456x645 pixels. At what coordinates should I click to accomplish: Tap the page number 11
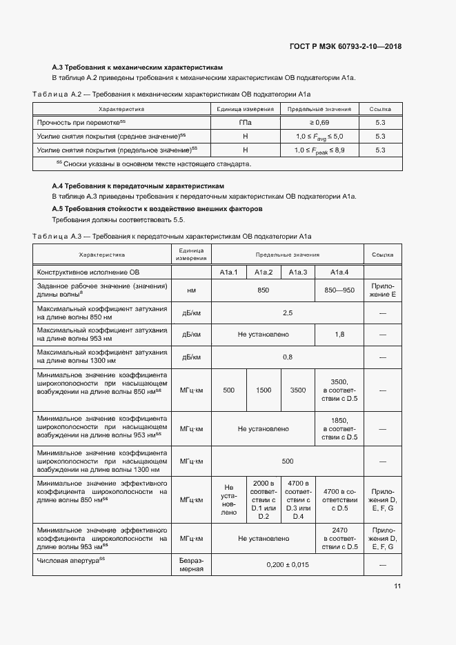point(397,586)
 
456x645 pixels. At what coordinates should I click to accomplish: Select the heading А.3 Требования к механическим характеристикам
point(138,68)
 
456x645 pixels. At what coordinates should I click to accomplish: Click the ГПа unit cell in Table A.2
point(246,122)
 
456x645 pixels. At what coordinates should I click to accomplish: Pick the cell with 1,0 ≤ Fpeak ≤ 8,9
point(319,150)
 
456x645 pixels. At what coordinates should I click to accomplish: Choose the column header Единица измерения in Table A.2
point(246,109)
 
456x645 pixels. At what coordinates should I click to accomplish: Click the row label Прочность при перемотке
point(81,122)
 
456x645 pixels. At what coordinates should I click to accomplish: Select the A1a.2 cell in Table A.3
point(264,272)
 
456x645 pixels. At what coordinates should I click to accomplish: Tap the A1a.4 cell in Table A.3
point(339,272)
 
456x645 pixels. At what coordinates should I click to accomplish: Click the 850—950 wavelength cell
point(339,290)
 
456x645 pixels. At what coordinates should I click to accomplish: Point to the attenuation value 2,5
point(288,312)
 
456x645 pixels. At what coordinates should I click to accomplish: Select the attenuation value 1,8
point(339,334)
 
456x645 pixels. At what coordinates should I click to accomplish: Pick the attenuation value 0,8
point(288,357)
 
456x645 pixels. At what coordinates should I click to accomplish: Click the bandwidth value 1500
point(264,390)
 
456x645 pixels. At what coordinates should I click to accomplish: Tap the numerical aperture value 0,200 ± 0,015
point(288,564)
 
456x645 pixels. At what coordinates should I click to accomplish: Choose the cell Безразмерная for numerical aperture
point(191,564)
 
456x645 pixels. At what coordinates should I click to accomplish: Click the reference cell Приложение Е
point(383,290)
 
